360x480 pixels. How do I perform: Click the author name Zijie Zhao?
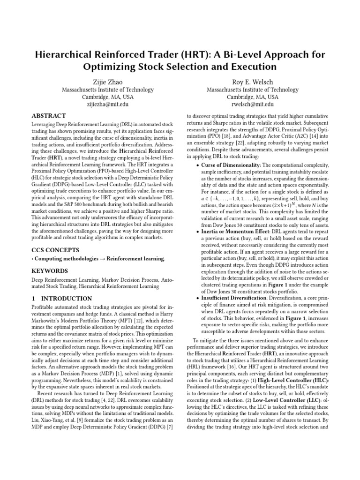108,82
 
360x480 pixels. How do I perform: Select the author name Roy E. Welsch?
252,82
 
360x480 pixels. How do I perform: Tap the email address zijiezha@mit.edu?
108,105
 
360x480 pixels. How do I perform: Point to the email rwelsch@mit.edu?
252,105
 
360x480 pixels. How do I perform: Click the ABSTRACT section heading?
48,116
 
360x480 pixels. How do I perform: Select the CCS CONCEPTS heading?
55,250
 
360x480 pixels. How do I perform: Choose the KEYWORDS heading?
49,271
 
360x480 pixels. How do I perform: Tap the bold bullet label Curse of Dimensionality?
231,165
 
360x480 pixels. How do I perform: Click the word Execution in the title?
253,67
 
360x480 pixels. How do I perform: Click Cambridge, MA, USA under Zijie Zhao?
108,97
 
